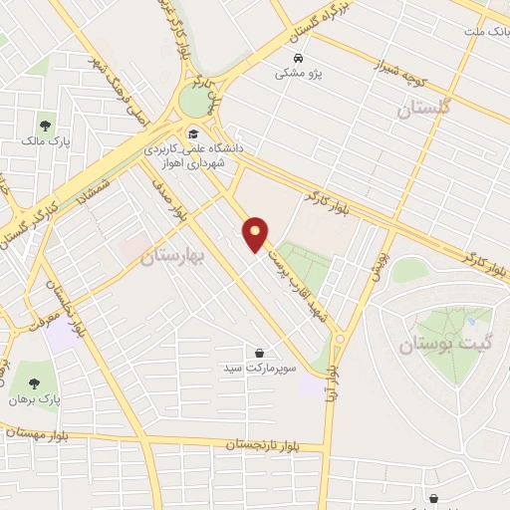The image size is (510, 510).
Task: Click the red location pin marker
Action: click(x=256, y=234)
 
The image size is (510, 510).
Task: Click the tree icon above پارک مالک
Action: click(x=44, y=127)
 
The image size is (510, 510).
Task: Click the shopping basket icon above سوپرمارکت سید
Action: click(x=259, y=353)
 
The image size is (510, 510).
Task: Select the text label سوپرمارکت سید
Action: click(x=260, y=369)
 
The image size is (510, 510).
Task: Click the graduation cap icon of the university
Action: click(x=192, y=134)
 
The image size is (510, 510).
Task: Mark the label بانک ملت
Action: click(x=484, y=32)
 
